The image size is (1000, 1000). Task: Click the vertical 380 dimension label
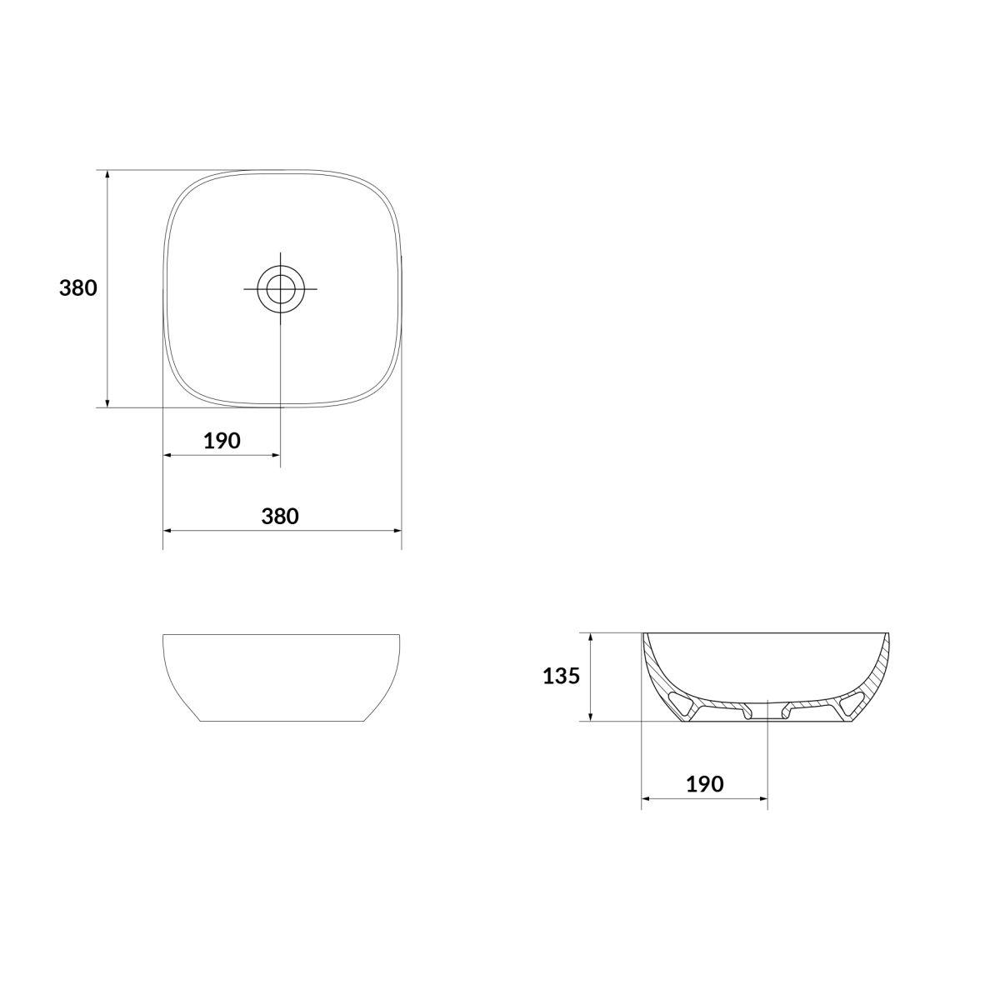point(77,288)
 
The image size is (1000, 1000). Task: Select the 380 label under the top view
point(280,517)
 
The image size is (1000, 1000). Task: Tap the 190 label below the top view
point(222,441)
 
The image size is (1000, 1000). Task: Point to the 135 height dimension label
point(561,676)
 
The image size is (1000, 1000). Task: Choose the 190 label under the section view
point(705,784)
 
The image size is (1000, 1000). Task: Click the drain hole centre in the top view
point(281,288)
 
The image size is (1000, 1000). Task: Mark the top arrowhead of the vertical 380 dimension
point(107,175)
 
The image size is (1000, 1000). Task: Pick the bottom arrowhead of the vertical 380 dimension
point(107,402)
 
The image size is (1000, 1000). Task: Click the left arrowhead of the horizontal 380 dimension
point(168,530)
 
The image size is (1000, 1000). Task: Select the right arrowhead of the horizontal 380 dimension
point(397,530)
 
